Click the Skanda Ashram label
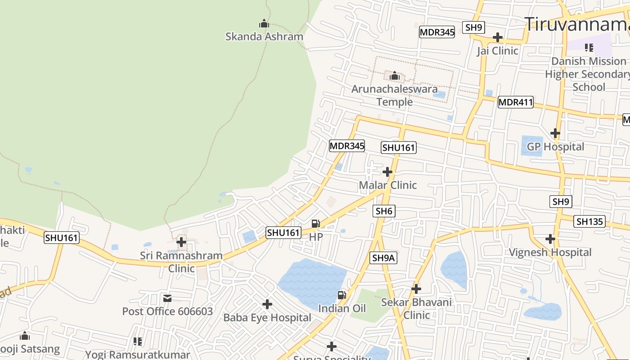pos(264,36)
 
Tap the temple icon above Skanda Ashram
pos(264,23)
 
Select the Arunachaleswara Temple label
pos(394,95)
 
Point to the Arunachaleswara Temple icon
pos(395,76)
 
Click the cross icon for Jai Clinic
pos(498,37)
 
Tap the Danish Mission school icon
pos(589,48)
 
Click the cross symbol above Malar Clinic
pos(387,172)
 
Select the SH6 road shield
pos(384,211)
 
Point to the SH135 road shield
pos(589,221)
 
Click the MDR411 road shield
pos(515,103)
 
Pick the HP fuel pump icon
pos(316,223)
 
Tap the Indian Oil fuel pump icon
pos(342,295)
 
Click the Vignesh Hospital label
pos(550,252)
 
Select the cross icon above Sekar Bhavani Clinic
pos(416,288)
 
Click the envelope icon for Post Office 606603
pos(167,298)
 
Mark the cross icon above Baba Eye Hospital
pos(267,305)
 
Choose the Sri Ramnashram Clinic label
pos(181,262)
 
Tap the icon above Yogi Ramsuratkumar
pos(138,342)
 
